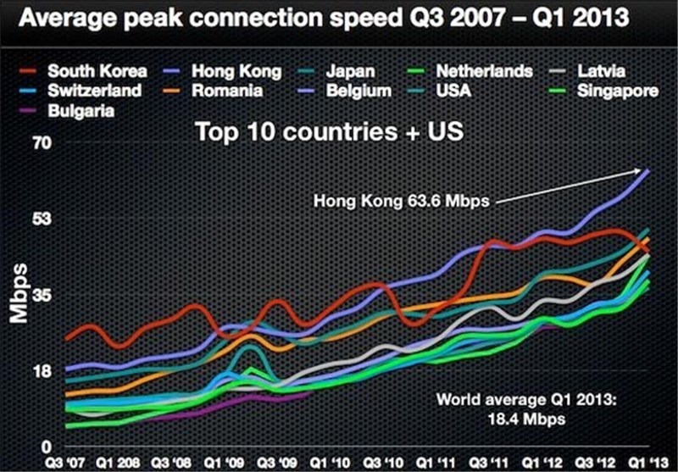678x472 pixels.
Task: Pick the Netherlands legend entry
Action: point(482,71)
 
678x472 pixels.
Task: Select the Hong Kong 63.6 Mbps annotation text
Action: point(404,203)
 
